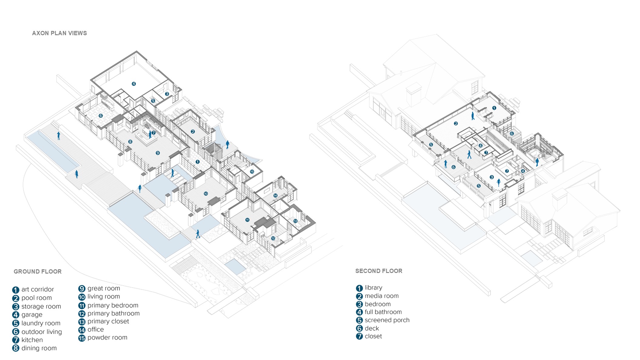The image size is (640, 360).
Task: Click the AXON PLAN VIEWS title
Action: [59, 33]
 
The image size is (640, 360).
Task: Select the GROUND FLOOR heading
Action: [38, 272]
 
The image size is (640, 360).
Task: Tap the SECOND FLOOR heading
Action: [379, 271]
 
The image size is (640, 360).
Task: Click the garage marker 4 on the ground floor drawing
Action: [134, 84]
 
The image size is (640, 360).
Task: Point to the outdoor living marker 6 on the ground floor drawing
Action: [101, 116]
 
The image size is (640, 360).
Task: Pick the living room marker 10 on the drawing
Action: [206, 193]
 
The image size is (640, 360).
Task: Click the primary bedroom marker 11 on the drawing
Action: [247, 220]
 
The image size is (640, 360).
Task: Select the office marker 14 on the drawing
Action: [275, 196]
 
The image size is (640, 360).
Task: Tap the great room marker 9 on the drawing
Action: [158, 153]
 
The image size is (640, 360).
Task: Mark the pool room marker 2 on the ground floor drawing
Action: [193, 132]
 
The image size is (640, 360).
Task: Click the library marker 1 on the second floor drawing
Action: [494, 108]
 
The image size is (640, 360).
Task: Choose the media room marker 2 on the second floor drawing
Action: [456, 123]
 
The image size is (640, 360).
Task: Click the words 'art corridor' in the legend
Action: [38, 289]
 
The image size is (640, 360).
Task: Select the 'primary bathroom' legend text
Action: [113, 313]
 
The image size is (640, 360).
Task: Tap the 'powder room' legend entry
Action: [107, 338]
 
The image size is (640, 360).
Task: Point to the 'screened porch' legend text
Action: [387, 320]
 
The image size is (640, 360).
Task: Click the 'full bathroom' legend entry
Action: [383, 312]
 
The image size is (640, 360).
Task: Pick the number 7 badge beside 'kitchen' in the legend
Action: [16, 340]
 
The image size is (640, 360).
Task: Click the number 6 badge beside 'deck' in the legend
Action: [359, 328]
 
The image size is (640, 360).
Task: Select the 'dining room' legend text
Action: [39, 348]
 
